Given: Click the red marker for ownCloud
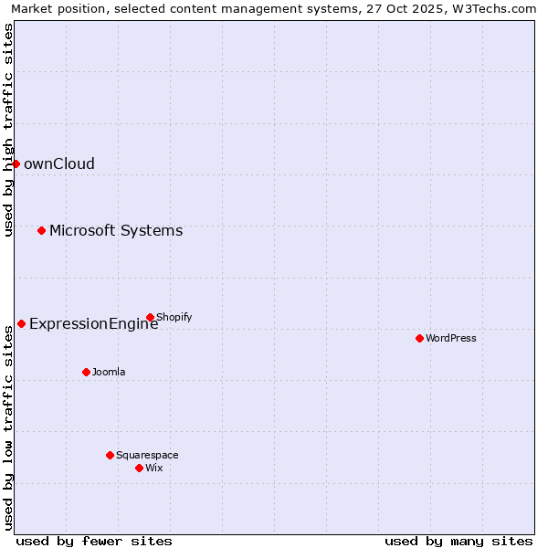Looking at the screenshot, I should point(16,163).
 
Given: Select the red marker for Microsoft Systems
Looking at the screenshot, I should point(41,230).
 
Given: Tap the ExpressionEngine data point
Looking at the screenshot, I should point(21,323).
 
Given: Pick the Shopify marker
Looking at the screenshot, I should point(150,317).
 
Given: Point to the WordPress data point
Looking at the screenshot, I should point(419,338).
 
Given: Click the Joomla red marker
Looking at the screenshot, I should point(86,372).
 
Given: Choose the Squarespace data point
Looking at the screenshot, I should point(110,455).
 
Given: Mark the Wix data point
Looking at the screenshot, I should point(139,468).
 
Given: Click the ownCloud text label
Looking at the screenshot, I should point(59,164).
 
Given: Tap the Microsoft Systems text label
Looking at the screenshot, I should point(116,231).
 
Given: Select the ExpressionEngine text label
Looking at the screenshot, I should point(93,324).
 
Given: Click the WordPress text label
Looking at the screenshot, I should point(451,339).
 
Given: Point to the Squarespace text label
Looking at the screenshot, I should point(147,456).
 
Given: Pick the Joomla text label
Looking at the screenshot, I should point(109,373).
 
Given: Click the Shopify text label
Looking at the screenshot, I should point(174,318).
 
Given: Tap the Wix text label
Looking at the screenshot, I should point(154,469).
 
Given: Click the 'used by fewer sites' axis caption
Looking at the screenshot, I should point(94,541).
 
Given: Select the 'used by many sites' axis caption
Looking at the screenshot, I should point(458,541).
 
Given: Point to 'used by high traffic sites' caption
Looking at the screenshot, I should point(8,130).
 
